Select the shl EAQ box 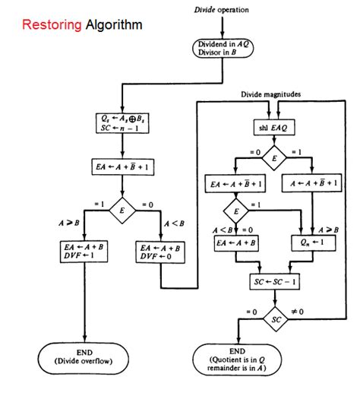coord(275,126)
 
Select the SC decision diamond coord(275,319)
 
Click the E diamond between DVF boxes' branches coord(122,209)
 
